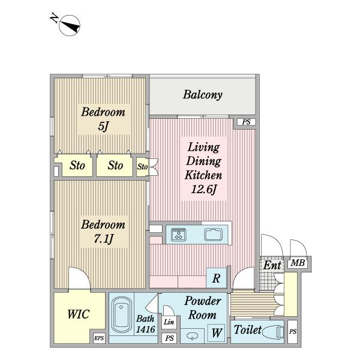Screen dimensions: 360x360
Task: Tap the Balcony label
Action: pyautogui.click(x=203, y=95)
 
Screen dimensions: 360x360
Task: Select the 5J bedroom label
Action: pyautogui.click(x=103, y=119)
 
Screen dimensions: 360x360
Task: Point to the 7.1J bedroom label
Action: pyautogui.click(x=103, y=232)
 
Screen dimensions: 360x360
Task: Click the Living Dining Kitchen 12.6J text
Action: pyautogui.click(x=203, y=169)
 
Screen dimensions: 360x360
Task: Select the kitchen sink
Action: pyautogui.click(x=213, y=234)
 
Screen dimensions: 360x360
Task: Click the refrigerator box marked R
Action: pyautogui.click(x=215, y=278)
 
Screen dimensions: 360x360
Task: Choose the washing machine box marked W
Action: pyautogui.click(x=215, y=332)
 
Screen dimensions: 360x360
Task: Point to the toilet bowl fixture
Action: pyautogui.click(x=272, y=331)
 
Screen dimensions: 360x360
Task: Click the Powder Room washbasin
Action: pyautogui.click(x=192, y=335)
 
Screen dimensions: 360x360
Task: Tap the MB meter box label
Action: pyautogui.click(x=296, y=263)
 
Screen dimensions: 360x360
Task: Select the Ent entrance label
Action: pyautogui.click(x=272, y=265)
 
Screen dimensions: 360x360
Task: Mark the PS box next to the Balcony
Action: pyautogui.click(x=245, y=122)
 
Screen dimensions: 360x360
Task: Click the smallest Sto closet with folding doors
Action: pyautogui.click(x=143, y=166)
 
